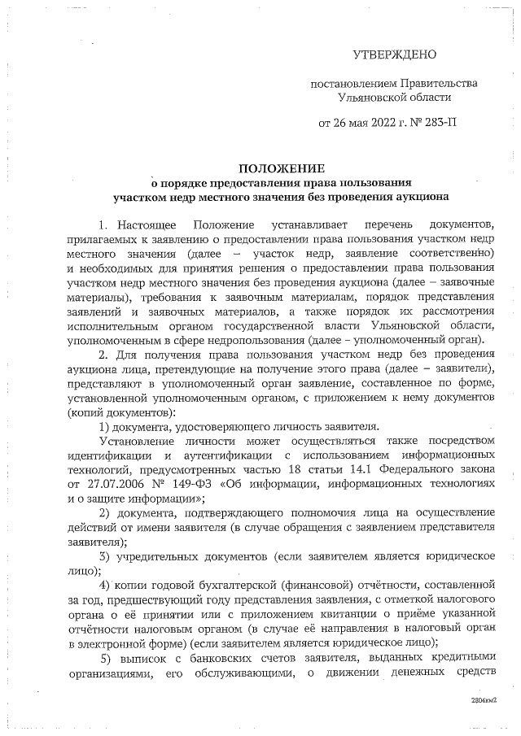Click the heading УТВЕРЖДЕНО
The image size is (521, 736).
(x=394, y=54)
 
